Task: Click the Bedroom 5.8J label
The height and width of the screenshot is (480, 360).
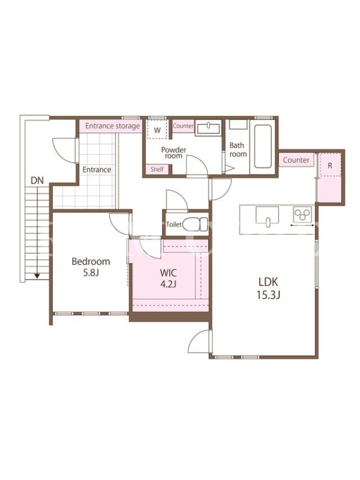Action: click(91, 266)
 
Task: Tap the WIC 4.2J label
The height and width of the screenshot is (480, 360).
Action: click(168, 278)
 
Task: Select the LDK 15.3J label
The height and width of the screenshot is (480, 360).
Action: click(268, 288)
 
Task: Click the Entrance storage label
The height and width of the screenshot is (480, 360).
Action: click(112, 126)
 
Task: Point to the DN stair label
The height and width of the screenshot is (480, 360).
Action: click(37, 181)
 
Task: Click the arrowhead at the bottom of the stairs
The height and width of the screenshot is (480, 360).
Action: click(37, 276)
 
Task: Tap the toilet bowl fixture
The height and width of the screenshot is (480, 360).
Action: click(193, 224)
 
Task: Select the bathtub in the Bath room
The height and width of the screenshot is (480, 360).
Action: click(263, 146)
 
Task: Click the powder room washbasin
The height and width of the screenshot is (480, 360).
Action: click(208, 128)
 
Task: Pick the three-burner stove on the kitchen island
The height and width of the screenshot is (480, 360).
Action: click(302, 214)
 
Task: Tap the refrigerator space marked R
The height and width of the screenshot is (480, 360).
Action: click(330, 165)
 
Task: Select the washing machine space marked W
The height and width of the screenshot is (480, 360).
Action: click(157, 130)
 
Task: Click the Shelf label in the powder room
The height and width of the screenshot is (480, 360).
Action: click(157, 169)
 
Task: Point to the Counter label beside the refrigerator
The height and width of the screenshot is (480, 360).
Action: click(296, 160)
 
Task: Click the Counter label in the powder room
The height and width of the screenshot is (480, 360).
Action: click(183, 125)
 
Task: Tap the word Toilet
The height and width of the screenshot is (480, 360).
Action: click(174, 224)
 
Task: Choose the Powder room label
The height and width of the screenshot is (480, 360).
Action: click(173, 152)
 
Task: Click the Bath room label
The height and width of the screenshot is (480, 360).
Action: click(238, 149)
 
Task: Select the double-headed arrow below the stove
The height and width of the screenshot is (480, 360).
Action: click(302, 226)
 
